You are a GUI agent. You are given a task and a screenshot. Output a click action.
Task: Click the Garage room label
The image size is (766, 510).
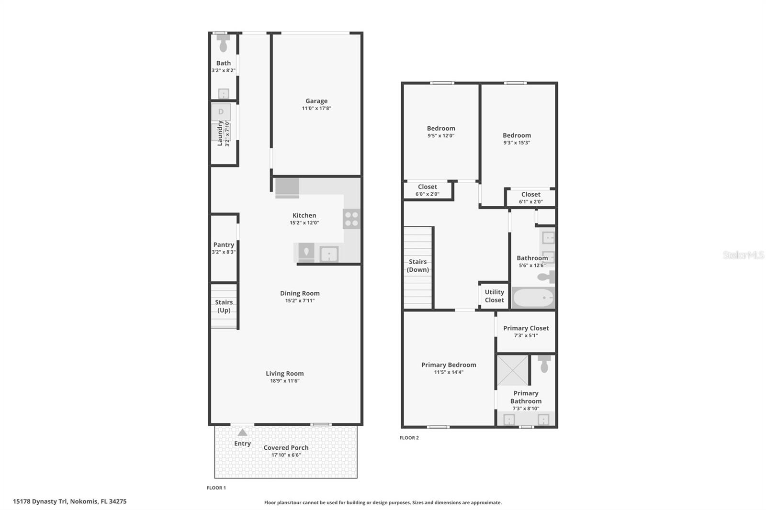tap(316, 101)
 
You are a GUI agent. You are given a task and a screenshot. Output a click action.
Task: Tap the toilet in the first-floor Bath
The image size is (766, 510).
tap(223, 43)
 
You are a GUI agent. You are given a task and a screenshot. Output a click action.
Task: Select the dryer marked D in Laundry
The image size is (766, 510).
tap(221, 112)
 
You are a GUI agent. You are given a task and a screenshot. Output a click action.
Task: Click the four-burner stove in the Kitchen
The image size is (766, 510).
tap(351, 219)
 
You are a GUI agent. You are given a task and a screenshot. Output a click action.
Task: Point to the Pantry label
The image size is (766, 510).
tap(224, 244)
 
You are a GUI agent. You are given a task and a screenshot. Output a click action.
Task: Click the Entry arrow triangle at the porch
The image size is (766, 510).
tap(242, 432)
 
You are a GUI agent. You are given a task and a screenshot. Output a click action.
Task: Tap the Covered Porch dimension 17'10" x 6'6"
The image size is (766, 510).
tap(286, 455)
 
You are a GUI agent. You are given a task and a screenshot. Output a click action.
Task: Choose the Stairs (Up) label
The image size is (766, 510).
tap(224, 306)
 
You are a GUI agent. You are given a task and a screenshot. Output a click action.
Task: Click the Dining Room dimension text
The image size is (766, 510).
tap(300, 301)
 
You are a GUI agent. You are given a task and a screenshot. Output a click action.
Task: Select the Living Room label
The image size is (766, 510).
tap(285, 373)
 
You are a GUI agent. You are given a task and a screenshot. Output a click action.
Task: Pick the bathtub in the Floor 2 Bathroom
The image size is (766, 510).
tap(533, 298)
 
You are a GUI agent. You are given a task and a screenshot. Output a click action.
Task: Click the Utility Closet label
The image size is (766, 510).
tap(495, 296)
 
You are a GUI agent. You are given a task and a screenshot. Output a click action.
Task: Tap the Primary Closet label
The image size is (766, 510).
tap(526, 328)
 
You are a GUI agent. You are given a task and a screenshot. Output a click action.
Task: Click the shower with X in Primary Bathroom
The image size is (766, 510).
tap(513, 370)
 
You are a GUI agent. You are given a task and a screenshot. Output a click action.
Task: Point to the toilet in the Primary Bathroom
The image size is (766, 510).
tap(544, 364)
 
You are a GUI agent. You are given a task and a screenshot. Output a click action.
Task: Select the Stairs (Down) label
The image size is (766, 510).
tap(417, 266)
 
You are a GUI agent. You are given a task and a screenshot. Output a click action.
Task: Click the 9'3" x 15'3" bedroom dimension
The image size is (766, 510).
tap(517, 143)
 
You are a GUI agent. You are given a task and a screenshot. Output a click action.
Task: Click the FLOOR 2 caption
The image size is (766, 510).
tap(409, 438)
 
